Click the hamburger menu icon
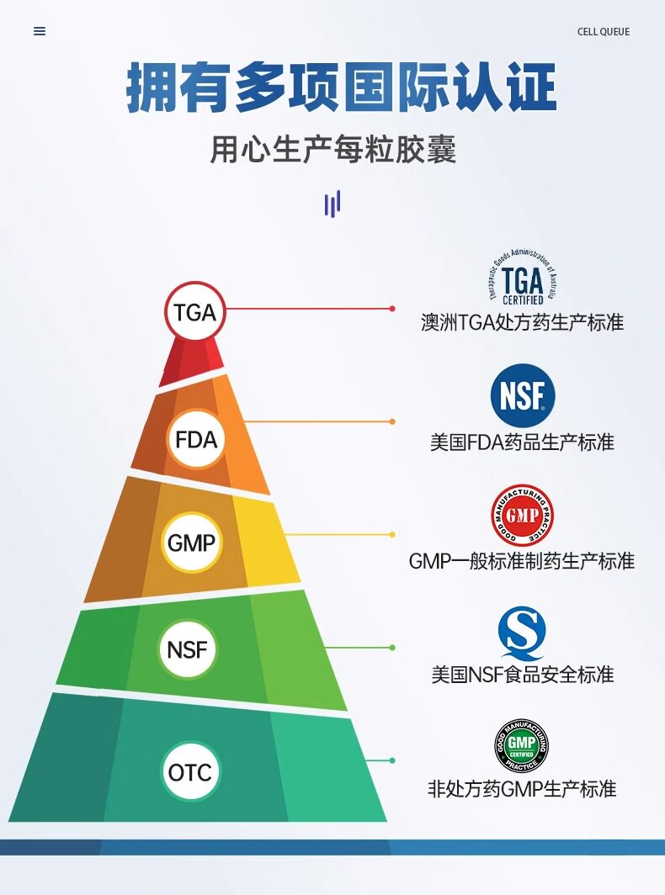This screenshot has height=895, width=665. (x=40, y=31)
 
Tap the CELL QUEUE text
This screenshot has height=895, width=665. (x=603, y=32)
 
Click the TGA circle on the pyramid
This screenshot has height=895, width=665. (x=195, y=312)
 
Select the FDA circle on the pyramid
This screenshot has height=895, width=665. (x=195, y=438)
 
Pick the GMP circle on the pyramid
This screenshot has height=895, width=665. (x=191, y=543)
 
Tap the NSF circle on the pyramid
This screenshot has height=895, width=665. (x=188, y=649)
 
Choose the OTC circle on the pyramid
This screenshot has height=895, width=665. (x=189, y=771)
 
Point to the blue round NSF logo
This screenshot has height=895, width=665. (x=523, y=395)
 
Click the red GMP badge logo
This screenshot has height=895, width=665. (x=522, y=515)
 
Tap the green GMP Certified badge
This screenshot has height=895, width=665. (x=521, y=746)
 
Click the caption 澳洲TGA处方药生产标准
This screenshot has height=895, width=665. (x=522, y=322)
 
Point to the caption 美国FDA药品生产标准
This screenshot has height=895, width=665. (x=522, y=442)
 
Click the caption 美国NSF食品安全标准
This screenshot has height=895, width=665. (x=522, y=675)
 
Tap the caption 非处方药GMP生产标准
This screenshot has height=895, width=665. (x=522, y=789)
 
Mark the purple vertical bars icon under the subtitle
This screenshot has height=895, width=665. (x=332, y=204)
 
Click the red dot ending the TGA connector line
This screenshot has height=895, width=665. (x=392, y=309)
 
